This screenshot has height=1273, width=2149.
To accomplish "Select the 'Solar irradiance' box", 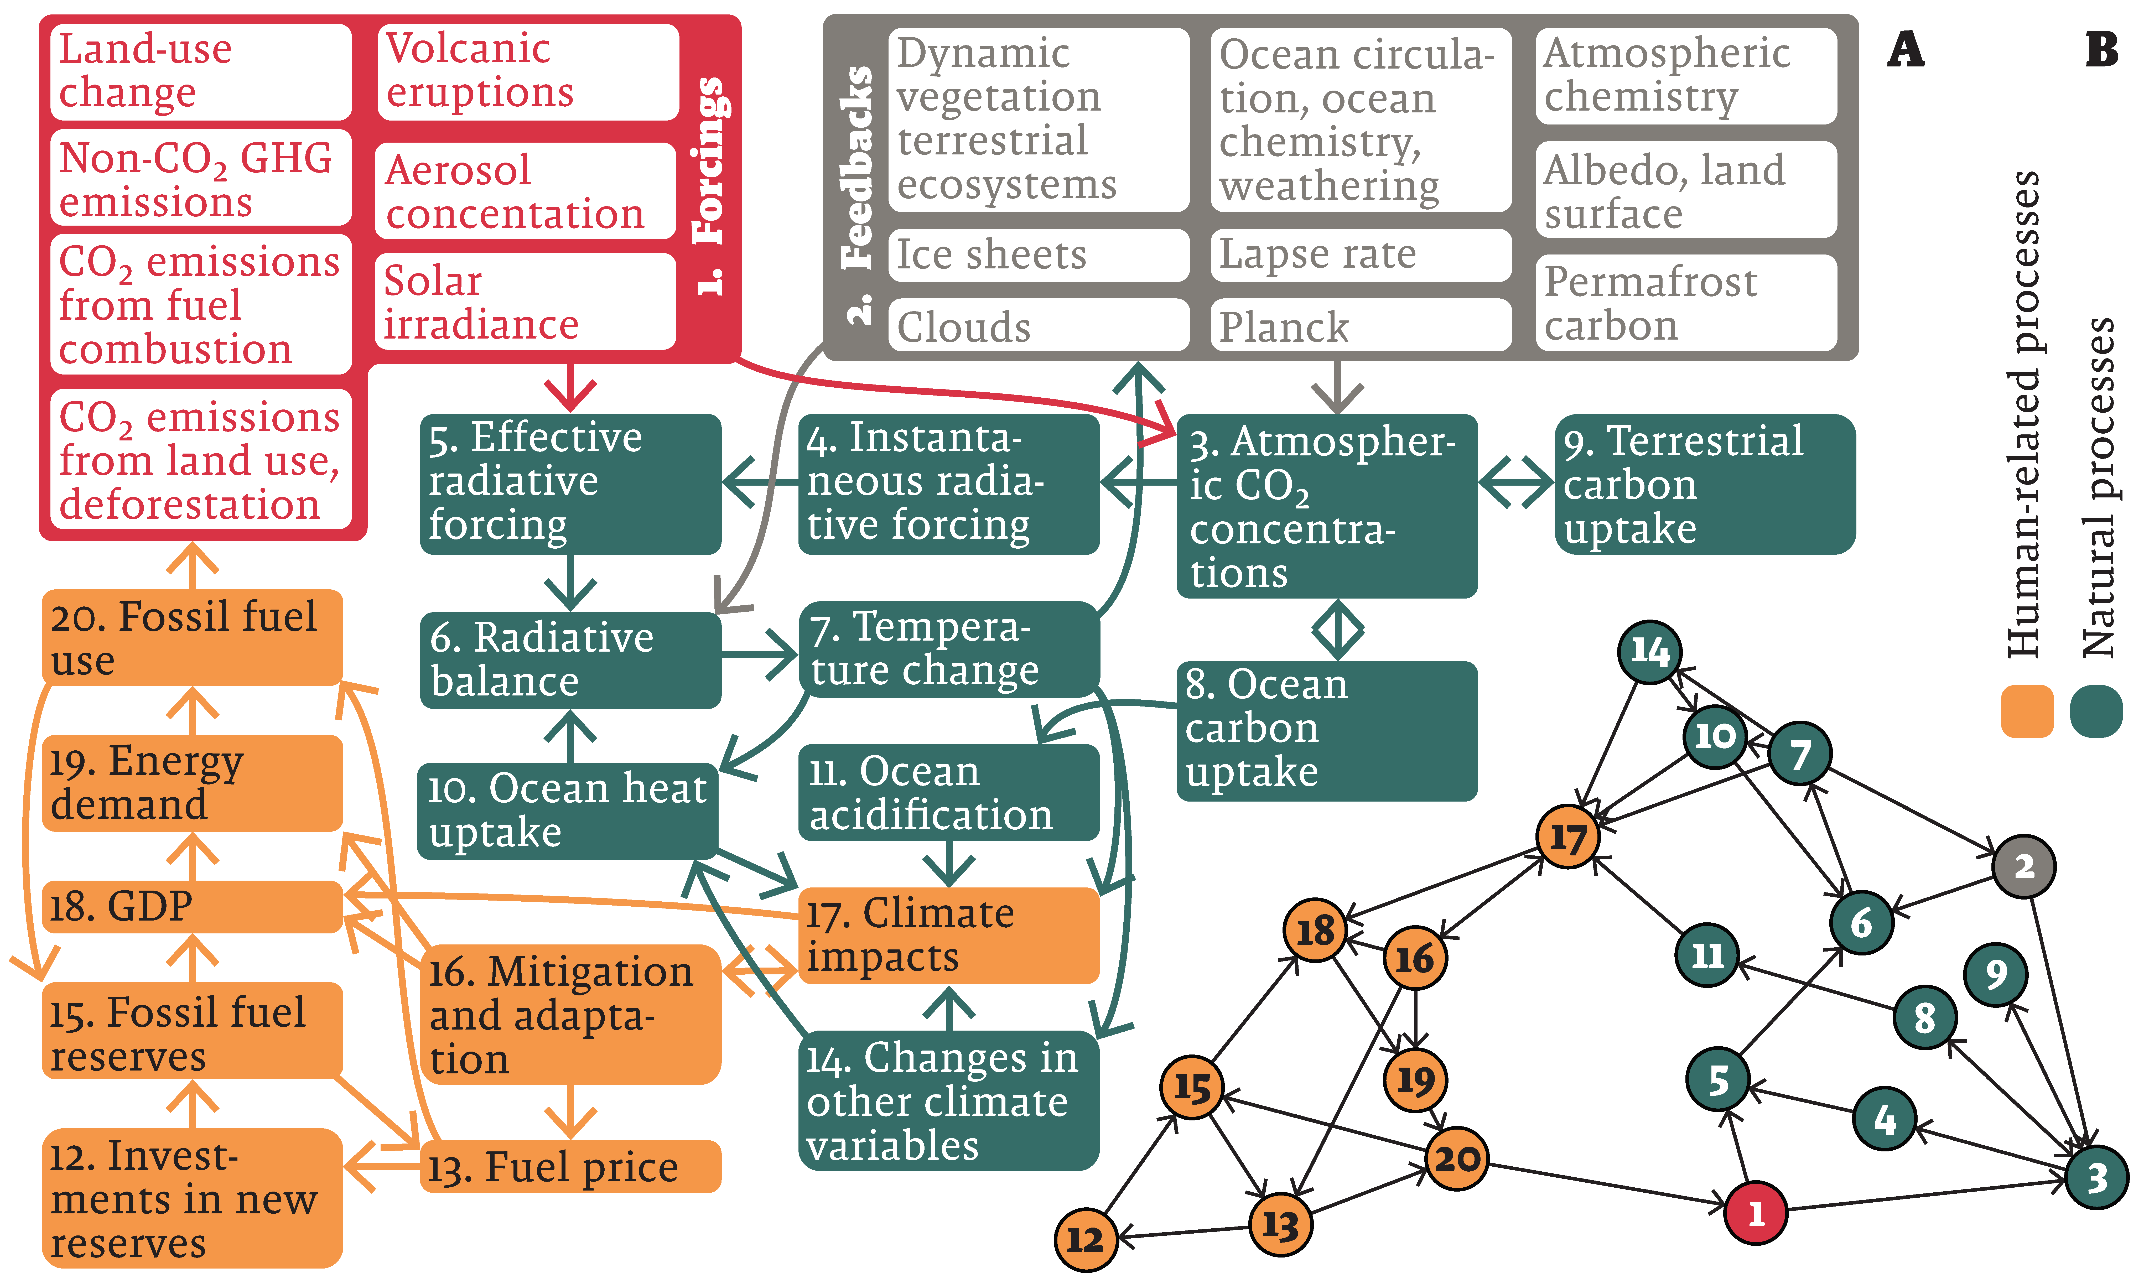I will pyautogui.click(x=525, y=302).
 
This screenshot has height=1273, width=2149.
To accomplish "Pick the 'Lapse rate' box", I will pyautogui.click(x=1360, y=255).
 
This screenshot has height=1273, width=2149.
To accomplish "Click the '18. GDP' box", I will pyautogui.click(x=192, y=906).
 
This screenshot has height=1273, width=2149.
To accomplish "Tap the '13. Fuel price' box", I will pyautogui.click(x=570, y=1167).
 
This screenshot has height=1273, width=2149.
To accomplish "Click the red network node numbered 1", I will pyautogui.click(x=1755, y=1212).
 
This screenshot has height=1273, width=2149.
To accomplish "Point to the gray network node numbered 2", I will pyautogui.click(x=2024, y=866).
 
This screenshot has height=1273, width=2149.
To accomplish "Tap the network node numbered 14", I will pyautogui.click(x=1649, y=652).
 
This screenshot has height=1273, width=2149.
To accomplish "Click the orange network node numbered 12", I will pyautogui.click(x=1085, y=1239).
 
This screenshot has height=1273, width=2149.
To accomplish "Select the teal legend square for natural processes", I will pyautogui.click(x=2096, y=711).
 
